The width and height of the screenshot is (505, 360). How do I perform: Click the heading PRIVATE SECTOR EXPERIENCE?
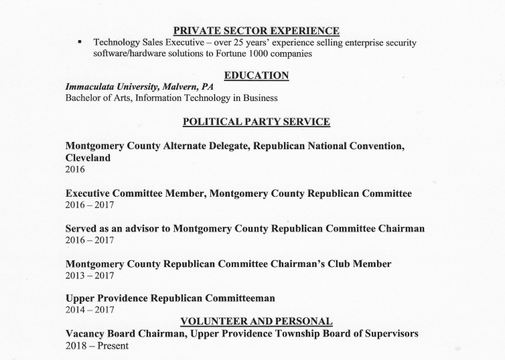pos(256,30)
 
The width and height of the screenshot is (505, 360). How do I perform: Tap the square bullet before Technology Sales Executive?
pos(80,42)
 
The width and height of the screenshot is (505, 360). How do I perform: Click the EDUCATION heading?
pos(256,76)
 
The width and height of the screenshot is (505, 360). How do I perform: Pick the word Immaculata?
pos(91,87)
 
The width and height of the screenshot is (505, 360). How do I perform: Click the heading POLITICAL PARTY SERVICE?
pos(256,122)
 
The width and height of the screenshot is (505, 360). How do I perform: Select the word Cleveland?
pos(88,158)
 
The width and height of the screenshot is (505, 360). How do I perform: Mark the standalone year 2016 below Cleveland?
pos(75,170)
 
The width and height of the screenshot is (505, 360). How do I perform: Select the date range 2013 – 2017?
pos(90,275)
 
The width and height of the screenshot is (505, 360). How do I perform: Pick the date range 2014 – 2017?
pos(90,310)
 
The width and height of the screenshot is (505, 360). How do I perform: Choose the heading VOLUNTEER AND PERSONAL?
pos(256,321)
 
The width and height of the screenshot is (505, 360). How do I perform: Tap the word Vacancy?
pos(88,333)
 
